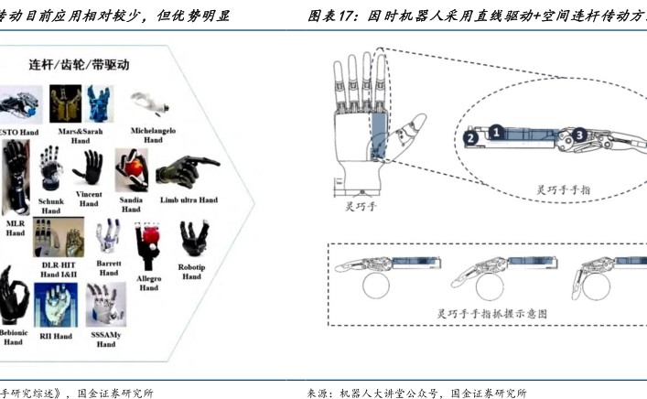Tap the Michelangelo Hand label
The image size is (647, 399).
point(152,135)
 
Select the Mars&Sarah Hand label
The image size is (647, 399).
point(80,135)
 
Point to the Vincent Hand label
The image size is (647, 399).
point(89,199)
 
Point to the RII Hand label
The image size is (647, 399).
point(56,336)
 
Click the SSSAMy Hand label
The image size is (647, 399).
point(106,340)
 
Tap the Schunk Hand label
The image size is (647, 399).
point(51,205)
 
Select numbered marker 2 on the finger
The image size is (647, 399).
point(469,138)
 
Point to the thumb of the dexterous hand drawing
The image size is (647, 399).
point(416,124)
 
